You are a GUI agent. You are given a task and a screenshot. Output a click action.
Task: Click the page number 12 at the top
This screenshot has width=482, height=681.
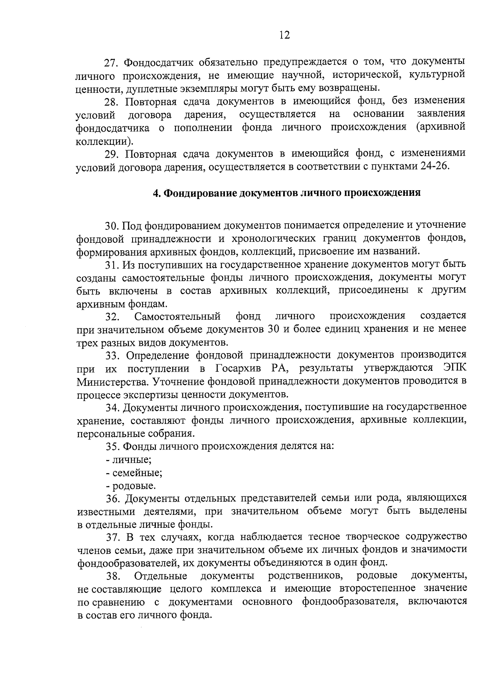pyautogui.click(x=284, y=35)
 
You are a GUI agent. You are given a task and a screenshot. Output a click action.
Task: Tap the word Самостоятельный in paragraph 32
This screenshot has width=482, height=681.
pyautogui.click(x=178, y=317)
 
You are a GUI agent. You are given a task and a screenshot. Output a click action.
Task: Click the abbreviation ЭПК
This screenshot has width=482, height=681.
pyautogui.click(x=455, y=368)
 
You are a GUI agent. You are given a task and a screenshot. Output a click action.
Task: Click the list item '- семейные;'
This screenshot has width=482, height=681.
pyautogui.click(x=134, y=473)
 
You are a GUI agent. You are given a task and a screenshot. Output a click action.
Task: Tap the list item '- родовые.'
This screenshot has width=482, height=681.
pyautogui.click(x=131, y=486)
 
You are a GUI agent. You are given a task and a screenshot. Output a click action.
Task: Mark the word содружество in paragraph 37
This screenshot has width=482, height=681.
pyautogui.click(x=436, y=537)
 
